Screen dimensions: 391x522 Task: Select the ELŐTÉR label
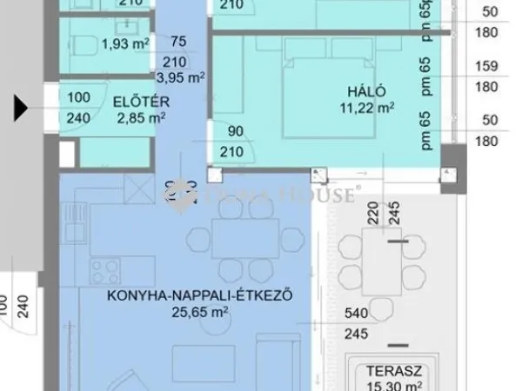(140, 103)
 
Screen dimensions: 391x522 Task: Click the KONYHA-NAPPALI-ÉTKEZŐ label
(198, 297)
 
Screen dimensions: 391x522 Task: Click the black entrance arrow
(20, 109)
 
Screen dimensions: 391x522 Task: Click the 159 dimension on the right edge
(486, 65)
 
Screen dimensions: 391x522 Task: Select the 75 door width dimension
(179, 41)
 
